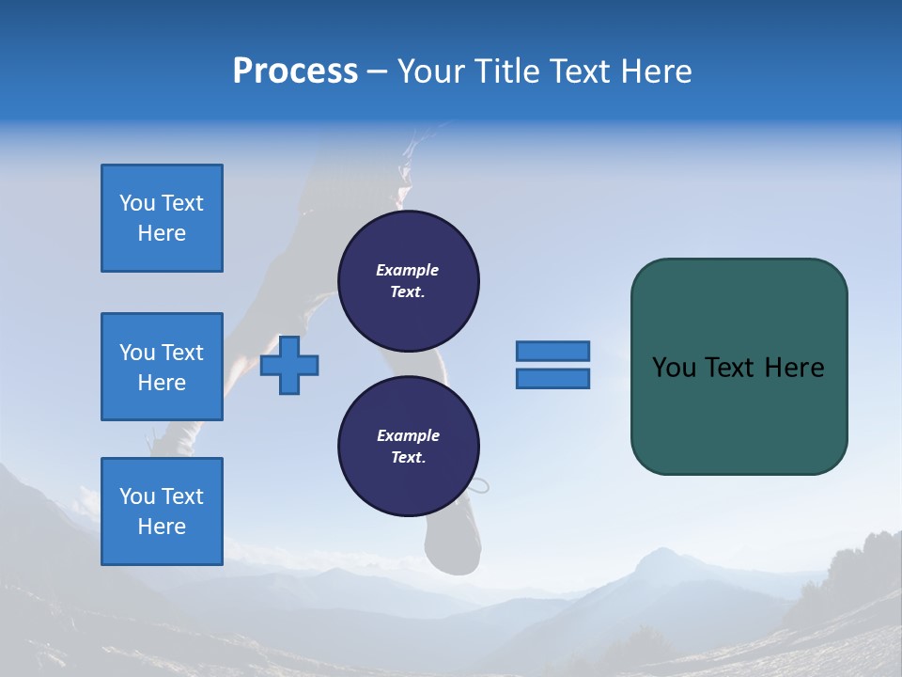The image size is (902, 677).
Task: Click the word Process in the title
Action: coord(295,71)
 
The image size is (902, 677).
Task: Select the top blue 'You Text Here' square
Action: coord(162,218)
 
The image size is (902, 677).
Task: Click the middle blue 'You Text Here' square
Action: coord(162,367)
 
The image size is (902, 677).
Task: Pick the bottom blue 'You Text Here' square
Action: coord(162,512)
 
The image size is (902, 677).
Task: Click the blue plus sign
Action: coord(289,365)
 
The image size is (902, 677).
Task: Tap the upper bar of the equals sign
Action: coord(552,351)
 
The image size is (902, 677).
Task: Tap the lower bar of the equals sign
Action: coord(552,379)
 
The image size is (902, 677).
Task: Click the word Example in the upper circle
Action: coord(408,270)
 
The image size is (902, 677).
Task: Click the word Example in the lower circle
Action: coord(408,435)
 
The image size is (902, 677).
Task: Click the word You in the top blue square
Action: coord(137,203)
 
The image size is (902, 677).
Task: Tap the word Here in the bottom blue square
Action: coord(162,527)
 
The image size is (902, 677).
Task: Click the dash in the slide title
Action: coord(378,71)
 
